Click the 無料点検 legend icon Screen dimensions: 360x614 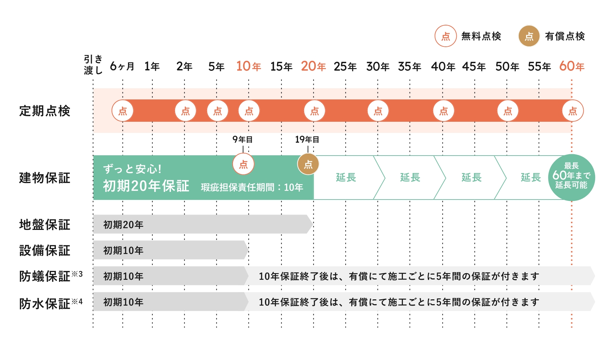click(x=445, y=36)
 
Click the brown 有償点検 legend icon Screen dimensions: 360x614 click(x=529, y=36)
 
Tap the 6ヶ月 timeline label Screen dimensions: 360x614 click(x=122, y=66)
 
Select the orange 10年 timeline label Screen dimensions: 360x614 click(x=248, y=66)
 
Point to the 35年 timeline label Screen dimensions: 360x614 click(x=410, y=66)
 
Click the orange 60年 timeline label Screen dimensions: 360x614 click(x=571, y=66)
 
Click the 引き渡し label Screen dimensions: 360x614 click(x=93, y=65)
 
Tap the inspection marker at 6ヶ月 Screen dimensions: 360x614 click(x=122, y=111)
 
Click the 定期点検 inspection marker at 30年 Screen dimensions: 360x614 click(x=378, y=111)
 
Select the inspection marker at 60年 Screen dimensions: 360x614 click(x=572, y=111)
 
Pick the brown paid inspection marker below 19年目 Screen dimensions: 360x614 click(x=308, y=164)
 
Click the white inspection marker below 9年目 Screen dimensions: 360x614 click(x=243, y=164)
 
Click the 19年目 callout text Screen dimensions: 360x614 click(x=307, y=140)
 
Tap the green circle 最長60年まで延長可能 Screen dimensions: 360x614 click(x=571, y=177)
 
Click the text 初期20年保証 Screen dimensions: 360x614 click(x=146, y=186)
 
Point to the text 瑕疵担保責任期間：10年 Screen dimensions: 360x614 click(x=252, y=188)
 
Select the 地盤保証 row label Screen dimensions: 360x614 click(x=45, y=225)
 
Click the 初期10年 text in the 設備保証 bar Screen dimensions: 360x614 click(x=123, y=250)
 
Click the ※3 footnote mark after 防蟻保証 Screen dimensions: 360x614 click(x=77, y=274)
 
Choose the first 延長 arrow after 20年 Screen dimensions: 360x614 click(x=346, y=178)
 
